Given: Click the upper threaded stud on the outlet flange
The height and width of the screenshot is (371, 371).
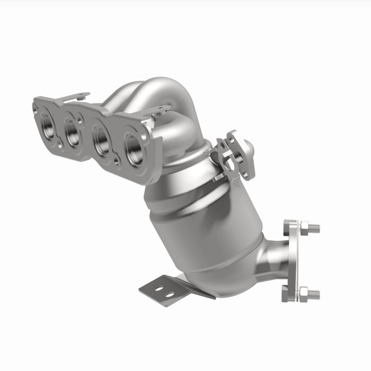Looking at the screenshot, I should (314, 228).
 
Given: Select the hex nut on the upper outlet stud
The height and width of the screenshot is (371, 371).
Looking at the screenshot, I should (304, 228).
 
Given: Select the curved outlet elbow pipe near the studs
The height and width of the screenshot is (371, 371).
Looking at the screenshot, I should (271, 260).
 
